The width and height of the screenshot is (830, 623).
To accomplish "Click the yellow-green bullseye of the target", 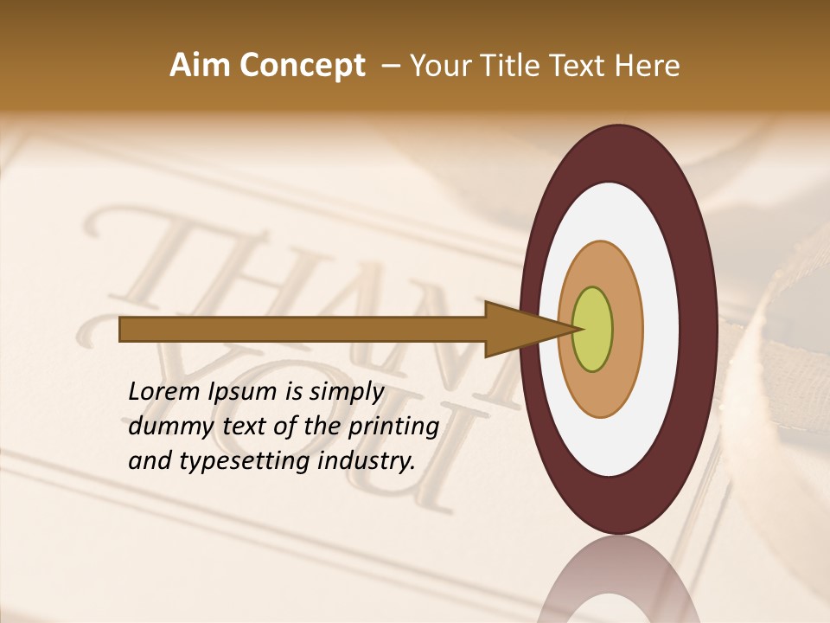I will (x=592, y=329).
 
